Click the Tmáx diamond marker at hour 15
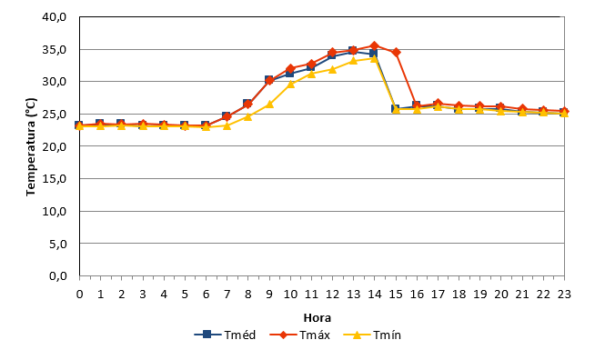click(396, 52)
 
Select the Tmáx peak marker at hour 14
click(374, 45)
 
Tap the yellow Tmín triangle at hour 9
click(269, 104)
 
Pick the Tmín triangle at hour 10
click(290, 84)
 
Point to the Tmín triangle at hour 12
click(333, 69)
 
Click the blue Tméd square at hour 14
click(373, 54)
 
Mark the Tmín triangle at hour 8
click(248, 116)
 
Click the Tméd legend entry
click(225, 335)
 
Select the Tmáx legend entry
click(300, 335)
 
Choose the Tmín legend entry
click(372, 335)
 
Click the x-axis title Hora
click(318, 318)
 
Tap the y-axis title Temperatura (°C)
click(31, 147)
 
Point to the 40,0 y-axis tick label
click(55, 17)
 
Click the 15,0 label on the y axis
click(55, 179)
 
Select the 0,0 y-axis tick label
click(58, 276)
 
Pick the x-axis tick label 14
click(375, 295)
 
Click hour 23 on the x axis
click(564, 295)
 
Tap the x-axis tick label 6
click(206, 295)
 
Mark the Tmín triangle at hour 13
click(353, 61)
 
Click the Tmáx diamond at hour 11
click(311, 64)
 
